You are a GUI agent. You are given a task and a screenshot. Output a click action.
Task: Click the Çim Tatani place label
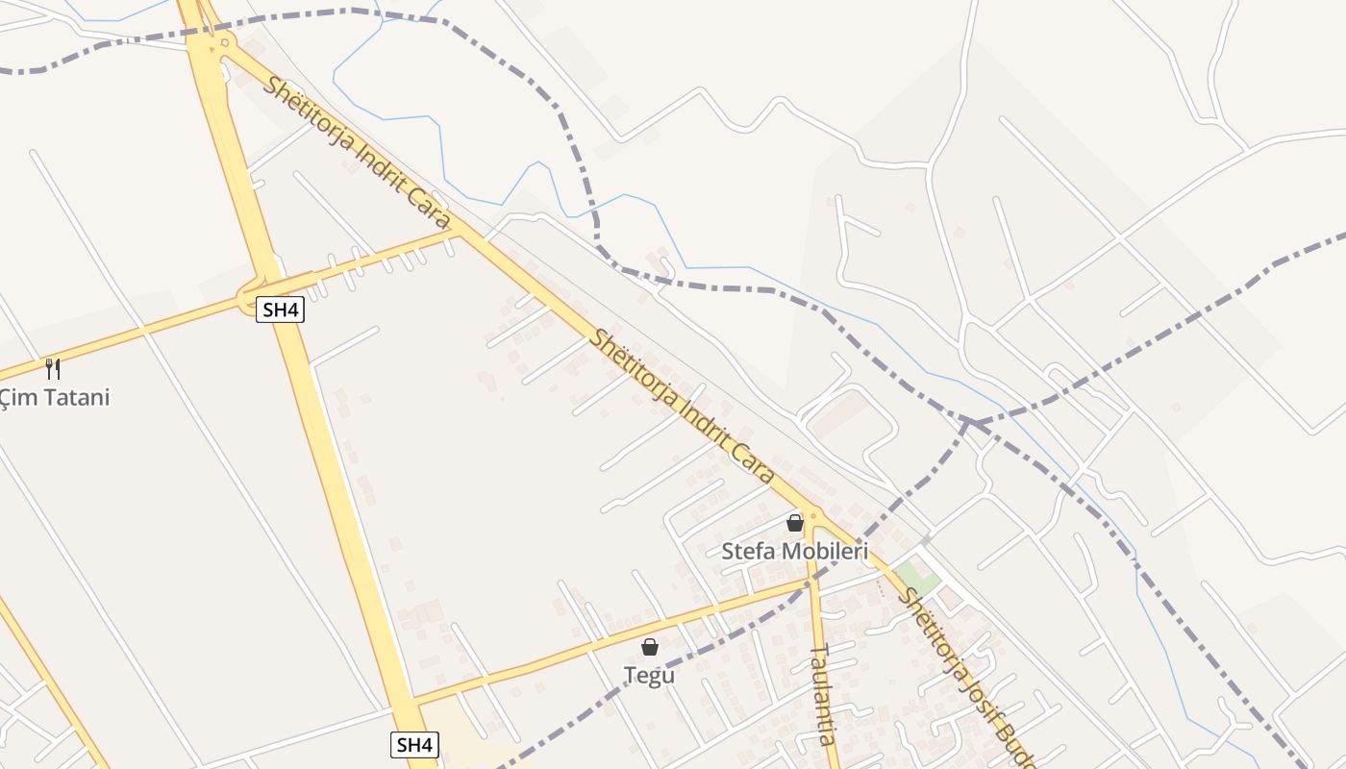(55, 397)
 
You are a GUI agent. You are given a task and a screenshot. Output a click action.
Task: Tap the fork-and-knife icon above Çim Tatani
(53, 368)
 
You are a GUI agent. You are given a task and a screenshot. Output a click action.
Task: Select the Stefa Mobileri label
(794, 552)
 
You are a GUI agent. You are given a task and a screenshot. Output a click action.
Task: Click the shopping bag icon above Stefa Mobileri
(795, 523)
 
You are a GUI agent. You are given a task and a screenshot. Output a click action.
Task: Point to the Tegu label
(649, 676)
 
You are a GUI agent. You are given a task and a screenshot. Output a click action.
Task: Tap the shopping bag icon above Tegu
(650, 647)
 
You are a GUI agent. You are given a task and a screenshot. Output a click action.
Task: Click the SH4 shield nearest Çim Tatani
(280, 310)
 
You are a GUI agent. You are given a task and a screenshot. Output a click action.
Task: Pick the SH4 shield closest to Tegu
(414, 744)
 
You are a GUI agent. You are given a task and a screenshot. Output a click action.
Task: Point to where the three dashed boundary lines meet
(972, 421)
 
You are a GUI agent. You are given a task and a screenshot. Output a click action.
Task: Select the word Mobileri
(825, 552)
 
